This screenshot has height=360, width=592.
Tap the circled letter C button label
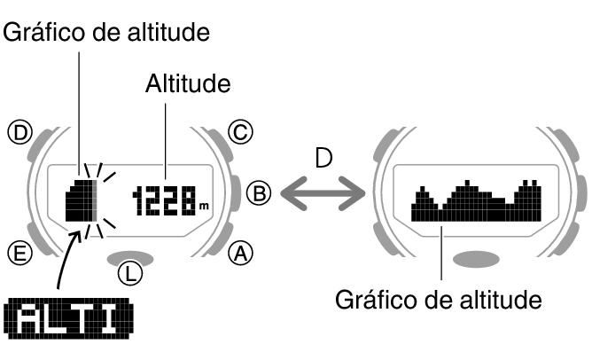[239, 133]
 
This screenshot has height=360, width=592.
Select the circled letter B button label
[257, 192]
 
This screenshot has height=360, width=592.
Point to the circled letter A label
[239, 254]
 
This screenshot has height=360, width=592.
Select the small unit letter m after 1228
[205, 207]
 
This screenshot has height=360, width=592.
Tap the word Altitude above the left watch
[187, 85]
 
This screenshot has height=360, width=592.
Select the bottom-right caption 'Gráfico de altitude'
[438, 300]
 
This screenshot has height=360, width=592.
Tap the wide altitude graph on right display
[476, 201]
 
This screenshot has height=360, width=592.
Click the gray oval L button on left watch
[129, 258]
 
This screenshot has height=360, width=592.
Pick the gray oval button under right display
[476, 259]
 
